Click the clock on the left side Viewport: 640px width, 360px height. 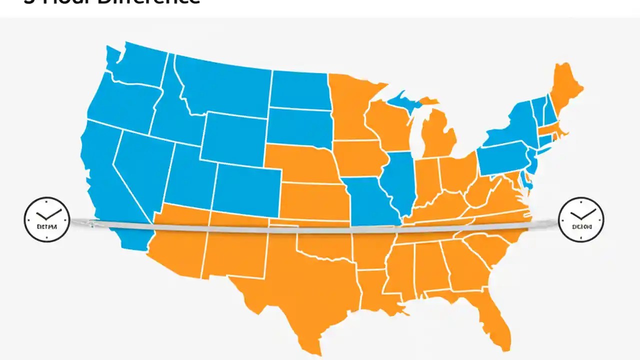point(46,219)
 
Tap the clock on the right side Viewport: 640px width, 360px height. point(581,219)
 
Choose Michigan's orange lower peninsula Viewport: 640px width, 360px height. point(437,135)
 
